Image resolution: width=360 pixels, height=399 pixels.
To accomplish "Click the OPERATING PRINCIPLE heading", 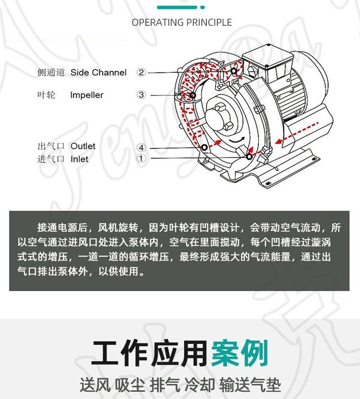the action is pos(181,23).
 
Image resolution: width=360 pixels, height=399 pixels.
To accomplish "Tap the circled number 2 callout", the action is pos(141,73).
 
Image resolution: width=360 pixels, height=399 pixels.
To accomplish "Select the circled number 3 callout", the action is pos(141,95).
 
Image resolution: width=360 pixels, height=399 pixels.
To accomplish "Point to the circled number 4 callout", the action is pos(141,147).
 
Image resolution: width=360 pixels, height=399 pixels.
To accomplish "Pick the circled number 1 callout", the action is pos(141,158).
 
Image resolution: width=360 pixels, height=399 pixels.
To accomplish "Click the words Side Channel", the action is pos(98,73).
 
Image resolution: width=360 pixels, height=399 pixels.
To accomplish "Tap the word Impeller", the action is pos(87,95).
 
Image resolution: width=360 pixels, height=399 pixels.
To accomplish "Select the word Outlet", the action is pos(83,146).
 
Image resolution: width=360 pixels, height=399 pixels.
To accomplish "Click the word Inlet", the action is pos(79,159).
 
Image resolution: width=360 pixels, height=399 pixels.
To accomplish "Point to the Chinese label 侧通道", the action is pos(51,73).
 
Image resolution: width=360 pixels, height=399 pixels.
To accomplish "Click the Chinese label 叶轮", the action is pos(46,95).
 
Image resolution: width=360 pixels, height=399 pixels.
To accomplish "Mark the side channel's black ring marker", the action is pos(234,71).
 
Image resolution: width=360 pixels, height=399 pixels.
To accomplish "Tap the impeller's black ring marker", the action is pos(192,95).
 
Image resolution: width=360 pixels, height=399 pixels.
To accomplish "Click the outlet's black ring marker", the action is pos(204,147).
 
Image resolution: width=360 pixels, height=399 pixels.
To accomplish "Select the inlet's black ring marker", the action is pos(249,157).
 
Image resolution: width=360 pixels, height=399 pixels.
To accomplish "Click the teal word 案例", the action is pos(240,353).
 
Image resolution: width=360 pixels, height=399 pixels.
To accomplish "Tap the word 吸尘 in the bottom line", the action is pos(130,385).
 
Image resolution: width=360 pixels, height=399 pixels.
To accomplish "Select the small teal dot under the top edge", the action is pos(203,7).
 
